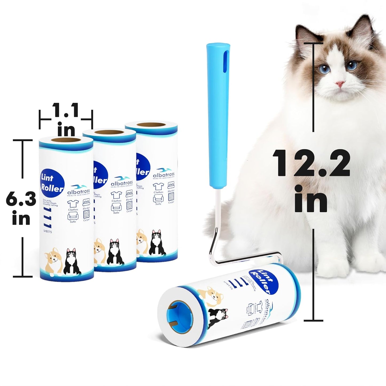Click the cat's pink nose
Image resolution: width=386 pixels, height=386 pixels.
pos(340,84)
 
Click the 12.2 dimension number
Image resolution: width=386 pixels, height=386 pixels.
pos(311,163)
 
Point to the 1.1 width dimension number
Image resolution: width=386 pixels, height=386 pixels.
pos(66,110)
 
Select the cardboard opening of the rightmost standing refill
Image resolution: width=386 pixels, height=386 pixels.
pos(151,125)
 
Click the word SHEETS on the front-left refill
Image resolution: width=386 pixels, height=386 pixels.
pos(47,232)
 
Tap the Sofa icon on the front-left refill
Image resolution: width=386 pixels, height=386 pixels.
pos(73,217)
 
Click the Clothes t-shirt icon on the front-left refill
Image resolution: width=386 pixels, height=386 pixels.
pos(73,204)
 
